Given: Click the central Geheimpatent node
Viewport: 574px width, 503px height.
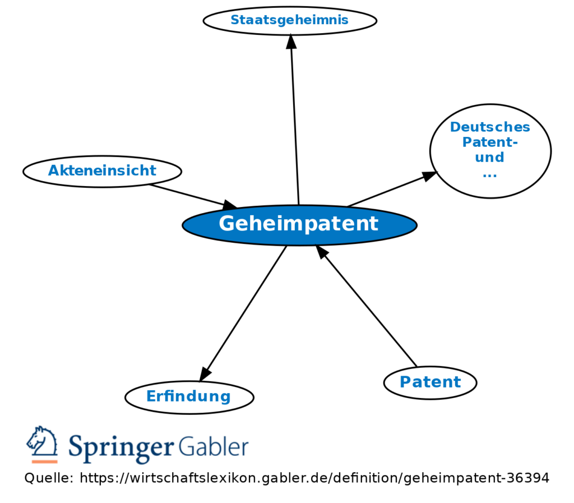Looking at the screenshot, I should point(299,224).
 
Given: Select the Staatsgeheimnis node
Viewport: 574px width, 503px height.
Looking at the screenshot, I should point(289,21).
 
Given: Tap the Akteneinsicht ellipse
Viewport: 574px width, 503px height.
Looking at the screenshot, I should point(102,171).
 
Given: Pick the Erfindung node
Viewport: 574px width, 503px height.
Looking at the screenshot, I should point(189,397).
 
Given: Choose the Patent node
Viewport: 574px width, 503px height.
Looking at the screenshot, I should point(430,382).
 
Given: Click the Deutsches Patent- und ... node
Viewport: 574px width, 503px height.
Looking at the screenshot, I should point(490,150).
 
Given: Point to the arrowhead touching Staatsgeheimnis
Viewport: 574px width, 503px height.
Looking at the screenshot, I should point(290,41).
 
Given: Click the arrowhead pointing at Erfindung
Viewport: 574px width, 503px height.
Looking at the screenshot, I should point(205,374).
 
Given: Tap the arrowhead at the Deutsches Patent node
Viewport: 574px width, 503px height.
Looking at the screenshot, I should point(429,176).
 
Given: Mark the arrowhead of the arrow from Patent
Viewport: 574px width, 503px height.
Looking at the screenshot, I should point(321,252).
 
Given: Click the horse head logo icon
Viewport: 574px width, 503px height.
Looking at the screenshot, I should point(43,441).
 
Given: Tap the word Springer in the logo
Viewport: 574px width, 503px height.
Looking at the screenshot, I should point(120,447).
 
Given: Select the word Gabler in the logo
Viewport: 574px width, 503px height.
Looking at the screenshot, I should point(214,447).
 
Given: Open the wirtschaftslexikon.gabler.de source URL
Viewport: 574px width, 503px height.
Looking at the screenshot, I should point(314,478).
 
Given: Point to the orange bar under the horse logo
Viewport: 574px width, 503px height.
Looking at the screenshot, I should point(44,462).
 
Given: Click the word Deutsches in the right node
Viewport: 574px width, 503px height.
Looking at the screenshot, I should point(490,127).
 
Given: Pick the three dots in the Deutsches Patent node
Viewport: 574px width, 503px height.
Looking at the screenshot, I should point(489,175).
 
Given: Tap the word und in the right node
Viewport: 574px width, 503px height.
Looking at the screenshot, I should point(489,158).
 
